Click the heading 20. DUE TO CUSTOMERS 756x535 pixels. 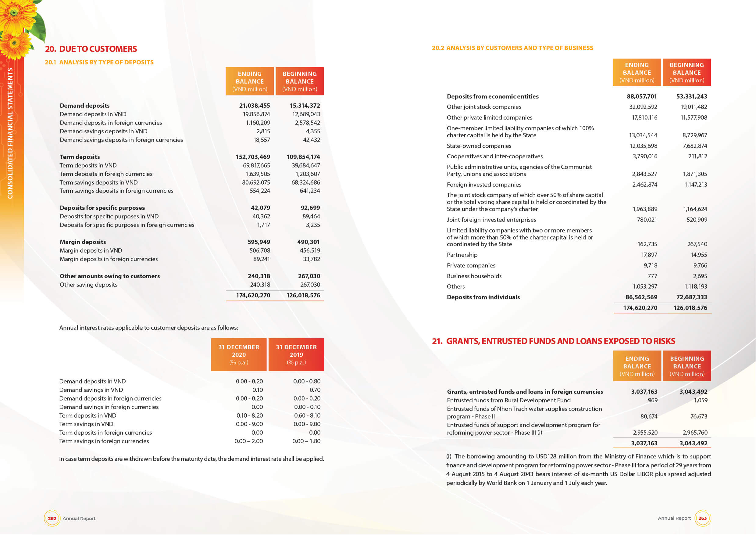pyautogui.click(x=91, y=49)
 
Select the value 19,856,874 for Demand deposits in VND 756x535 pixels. pyautogui.click(x=256, y=114)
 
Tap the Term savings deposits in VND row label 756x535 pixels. pyautogui.click(x=98, y=182)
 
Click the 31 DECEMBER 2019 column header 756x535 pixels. pyautogui.click(x=296, y=354)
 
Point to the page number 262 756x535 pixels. pyautogui.click(x=52, y=518)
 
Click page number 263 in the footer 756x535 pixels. pyautogui.click(x=702, y=518)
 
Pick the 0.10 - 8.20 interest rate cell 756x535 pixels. pyautogui.click(x=249, y=415)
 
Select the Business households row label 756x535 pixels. pyautogui.click(x=474, y=276)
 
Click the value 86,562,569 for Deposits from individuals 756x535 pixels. pyautogui.click(x=641, y=297)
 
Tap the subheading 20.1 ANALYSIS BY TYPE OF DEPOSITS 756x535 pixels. pyautogui.click(x=99, y=62)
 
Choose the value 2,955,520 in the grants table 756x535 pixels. pyautogui.click(x=645, y=433)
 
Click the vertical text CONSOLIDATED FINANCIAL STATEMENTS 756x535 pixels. pyautogui.click(x=10, y=133)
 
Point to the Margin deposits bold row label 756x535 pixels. pyautogui.click(x=83, y=242)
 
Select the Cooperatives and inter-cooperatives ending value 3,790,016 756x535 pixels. pyautogui.click(x=644, y=156)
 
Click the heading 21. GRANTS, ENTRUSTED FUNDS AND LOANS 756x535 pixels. pyautogui.click(x=553, y=341)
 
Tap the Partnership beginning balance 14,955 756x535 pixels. pyautogui.click(x=698, y=255)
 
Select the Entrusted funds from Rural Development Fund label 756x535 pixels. pyautogui.click(x=508, y=400)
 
